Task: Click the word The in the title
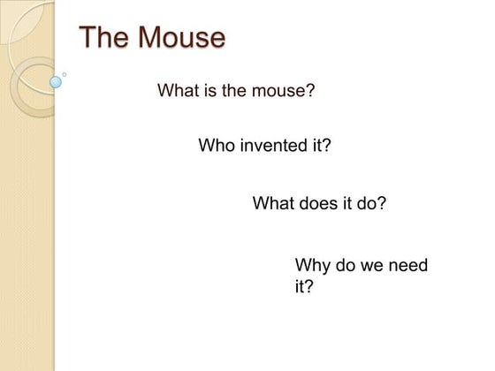point(104,38)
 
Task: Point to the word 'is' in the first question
point(209,91)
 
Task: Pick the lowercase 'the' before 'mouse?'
point(234,91)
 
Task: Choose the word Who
point(217,146)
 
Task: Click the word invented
point(274,146)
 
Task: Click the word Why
point(312,265)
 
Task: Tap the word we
point(373,265)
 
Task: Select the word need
point(409,265)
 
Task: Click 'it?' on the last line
point(304,287)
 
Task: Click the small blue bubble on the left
point(57,82)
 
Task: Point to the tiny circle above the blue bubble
point(64,74)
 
